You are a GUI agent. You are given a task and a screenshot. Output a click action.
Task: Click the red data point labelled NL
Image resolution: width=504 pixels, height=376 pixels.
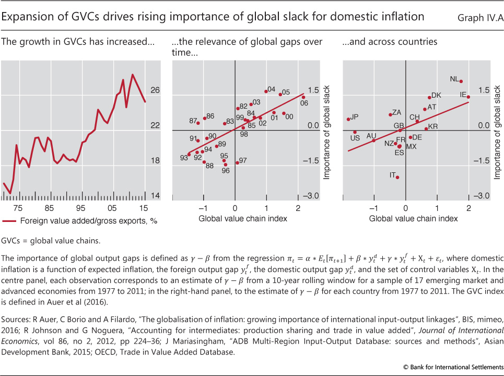tap(461, 81)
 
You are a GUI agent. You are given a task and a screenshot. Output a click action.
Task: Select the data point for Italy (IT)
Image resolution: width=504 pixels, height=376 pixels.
tap(397, 178)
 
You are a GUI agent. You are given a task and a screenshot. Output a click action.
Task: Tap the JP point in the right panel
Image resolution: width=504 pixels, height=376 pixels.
tap(348, 119)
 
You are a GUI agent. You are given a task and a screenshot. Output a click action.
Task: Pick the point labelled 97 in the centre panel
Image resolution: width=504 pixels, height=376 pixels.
tap(238, 162)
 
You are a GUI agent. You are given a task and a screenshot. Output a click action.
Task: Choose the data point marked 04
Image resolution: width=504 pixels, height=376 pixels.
tap(266, 91)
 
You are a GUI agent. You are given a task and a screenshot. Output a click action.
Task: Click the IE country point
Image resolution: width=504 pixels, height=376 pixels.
tap(468, 97)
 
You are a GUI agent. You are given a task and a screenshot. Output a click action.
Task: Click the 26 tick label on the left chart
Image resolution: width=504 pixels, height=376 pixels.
tap(155, 90)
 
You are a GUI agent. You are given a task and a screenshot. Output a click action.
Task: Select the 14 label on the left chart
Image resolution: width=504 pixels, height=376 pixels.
tap(155, 196)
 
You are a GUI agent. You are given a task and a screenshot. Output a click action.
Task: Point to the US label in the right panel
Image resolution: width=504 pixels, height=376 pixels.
tap(355, 138)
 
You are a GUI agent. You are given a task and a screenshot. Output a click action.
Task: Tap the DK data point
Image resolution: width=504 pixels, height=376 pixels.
tap(429, 98)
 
